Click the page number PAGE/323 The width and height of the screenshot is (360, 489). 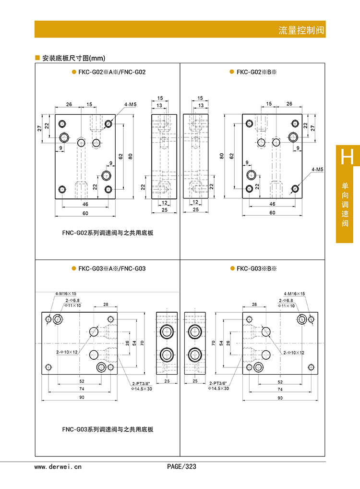(x=181, y=466)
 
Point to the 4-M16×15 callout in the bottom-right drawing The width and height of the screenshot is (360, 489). (x=294, y=293)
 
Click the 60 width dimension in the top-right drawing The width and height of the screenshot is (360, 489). (x=272, y=212)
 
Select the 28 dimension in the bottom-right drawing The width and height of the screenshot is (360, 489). (x=254, y=305)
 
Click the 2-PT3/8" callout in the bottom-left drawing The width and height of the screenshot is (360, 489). (x=141, y=383)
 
